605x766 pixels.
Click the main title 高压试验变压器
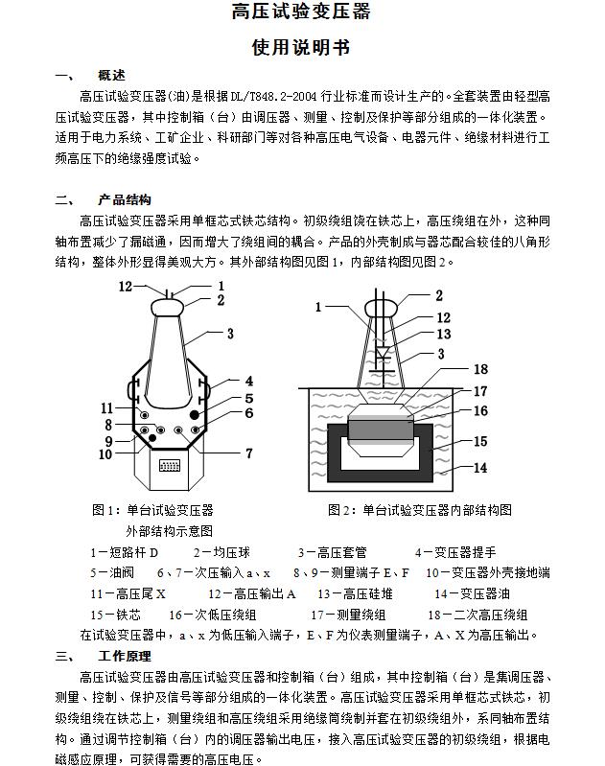coord(301,12)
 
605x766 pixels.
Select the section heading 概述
coord(112,75)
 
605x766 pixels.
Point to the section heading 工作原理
coord(125,657)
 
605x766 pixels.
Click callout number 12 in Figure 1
coord(126,286)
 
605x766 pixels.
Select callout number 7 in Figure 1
coord(249,453)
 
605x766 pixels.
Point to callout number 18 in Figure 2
coord(480,369)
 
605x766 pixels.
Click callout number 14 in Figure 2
coord(480,468)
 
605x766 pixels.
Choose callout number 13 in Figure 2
coord(443,335)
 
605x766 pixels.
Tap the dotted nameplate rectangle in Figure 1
coord(169,466)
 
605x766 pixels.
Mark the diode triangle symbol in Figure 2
coord(382,351)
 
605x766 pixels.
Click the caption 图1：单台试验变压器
coord(152,509)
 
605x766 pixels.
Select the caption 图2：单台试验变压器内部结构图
coord(420,509)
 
